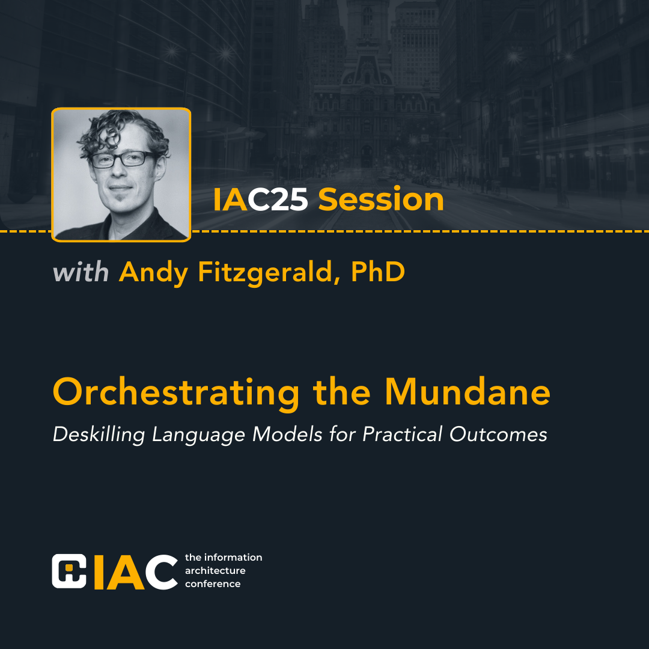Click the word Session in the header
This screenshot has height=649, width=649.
(x=381, y=200)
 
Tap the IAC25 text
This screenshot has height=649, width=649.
(x=261, y=200)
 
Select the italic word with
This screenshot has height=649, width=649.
(x=81, y=272)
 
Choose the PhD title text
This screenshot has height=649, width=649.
(x=378, y=272)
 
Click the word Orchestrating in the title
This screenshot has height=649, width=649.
(x=176, y=393)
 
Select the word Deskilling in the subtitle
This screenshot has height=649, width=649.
(x=99, y=434)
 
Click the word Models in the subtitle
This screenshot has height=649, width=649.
(x=287, y=434)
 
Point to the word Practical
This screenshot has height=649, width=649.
(x=402, y=434)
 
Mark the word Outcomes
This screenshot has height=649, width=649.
(x=498, y=434)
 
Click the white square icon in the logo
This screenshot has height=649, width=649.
(x=69, y=571)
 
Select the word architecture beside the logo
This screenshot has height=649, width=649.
(x=215, y=570)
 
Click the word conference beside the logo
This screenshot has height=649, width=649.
(x=213, y=583)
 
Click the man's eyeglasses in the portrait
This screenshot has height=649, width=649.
(x=123, y=159)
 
